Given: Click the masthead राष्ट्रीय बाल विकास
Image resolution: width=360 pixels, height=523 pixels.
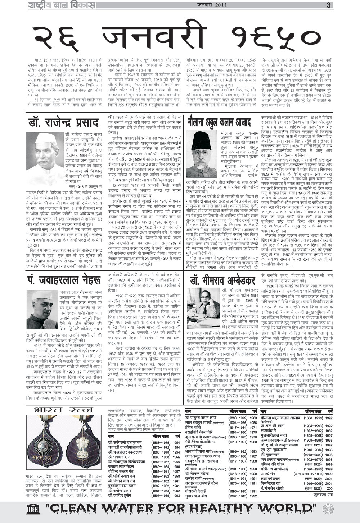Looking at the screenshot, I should pyautogui.click(x=62, y=5).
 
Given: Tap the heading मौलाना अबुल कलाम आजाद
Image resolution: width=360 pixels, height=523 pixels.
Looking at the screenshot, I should pyautogui.click(x=219, y=123).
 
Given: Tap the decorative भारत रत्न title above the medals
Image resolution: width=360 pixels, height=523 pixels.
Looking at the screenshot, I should pyautogui.click(x=64, y=410).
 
